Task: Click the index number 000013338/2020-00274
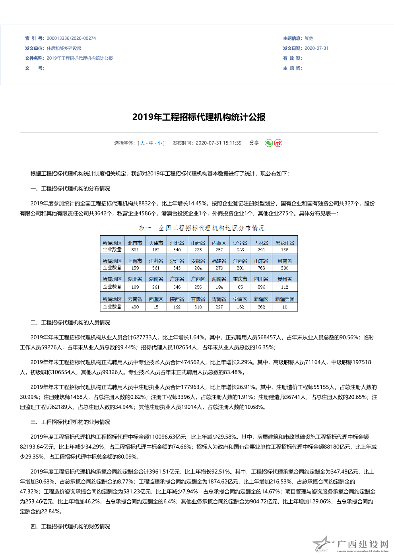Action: pos(71,39)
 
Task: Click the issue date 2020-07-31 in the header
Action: pos(316,49)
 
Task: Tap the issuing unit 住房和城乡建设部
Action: pos(64,49)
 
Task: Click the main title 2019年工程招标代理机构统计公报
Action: pos(199,117)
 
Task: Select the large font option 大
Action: pos(142,143)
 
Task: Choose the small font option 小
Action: pos(159,143)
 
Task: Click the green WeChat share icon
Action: pos(269,143)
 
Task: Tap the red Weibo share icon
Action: pos(278,143)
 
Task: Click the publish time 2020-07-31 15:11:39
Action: pos(218,143)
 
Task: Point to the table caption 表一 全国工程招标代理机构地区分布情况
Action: pos(201,228)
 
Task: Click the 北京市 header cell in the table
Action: pos(135,243)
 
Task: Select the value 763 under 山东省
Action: pos(261,268)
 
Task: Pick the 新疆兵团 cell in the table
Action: pos(285,299)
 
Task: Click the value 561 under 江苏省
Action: pos(156,268)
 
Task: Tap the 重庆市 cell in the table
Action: pos(240,279)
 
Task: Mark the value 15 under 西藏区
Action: pos(156,307)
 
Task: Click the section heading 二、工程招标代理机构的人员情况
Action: pos(70,323)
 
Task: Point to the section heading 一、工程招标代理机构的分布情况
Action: pos(70,189)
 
